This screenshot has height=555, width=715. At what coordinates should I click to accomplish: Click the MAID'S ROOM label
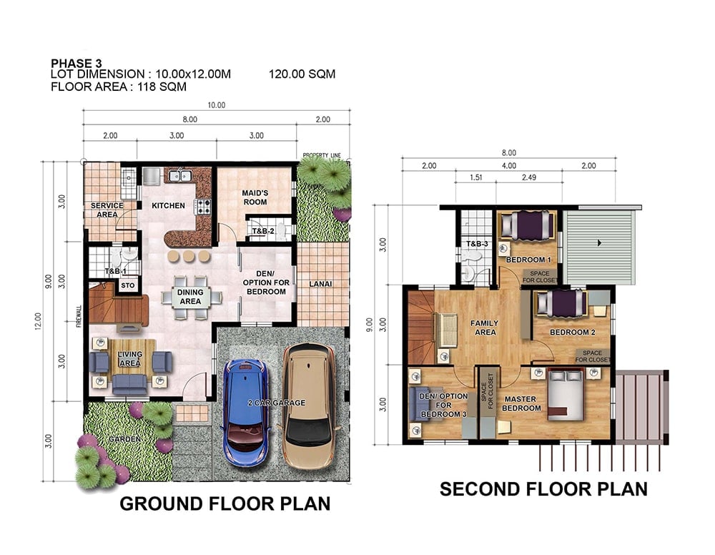[255, 197]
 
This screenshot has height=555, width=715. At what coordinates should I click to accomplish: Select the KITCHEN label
[168, 206]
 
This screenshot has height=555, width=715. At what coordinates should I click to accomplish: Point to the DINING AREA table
[191, 297]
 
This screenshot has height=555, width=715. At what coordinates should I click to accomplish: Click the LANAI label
[320, 284]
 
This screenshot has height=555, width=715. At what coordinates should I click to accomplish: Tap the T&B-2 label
[263, 231]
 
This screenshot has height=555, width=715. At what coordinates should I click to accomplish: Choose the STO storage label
[128, 285]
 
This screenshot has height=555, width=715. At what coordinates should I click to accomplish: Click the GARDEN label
[124, 438]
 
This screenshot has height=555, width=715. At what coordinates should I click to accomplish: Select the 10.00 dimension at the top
[217, 105]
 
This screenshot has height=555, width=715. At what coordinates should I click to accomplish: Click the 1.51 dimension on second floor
[475, 177]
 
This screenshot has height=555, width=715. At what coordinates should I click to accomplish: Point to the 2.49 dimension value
[529, 177]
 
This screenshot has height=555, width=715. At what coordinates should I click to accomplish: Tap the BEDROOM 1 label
[528, 260]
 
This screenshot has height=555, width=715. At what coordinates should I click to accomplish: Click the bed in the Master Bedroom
[566, 395]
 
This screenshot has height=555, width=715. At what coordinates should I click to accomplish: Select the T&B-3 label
[477, 244]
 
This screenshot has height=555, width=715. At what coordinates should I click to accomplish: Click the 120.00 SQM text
[302, 74]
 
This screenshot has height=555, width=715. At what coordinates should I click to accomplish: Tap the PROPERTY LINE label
[322, 155]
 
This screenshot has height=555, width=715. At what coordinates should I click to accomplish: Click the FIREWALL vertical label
[79, 316]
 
